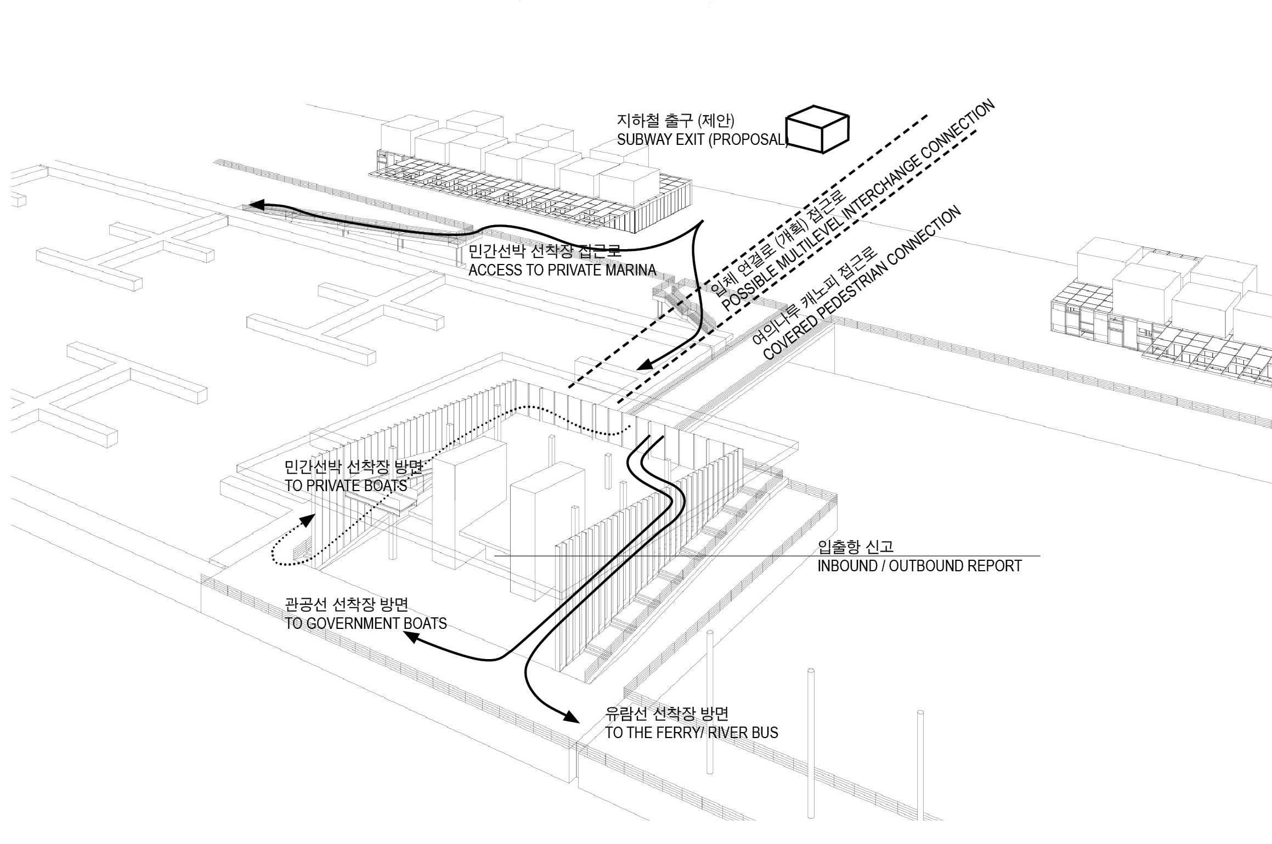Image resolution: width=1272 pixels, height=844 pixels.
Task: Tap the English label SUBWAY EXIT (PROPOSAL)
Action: click(702, 140)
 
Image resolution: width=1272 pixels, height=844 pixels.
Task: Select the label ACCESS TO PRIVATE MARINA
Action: click(562, 270)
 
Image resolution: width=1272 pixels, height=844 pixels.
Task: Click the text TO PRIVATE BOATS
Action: click(346, 486)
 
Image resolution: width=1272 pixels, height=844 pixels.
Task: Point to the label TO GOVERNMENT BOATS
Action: click(366, 623)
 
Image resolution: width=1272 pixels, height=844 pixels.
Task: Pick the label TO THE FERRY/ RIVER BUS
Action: click(692, 733)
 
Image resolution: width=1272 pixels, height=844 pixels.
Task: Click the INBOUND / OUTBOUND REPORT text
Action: click(919, 566)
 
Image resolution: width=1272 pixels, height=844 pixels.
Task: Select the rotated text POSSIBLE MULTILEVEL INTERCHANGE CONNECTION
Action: click(858, 206)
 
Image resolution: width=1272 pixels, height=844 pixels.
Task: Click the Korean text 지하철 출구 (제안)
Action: click(675, 120)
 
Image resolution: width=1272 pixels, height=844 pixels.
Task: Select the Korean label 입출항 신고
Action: click(855, 547)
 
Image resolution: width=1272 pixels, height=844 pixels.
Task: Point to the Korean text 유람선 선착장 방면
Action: click(666, 713)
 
